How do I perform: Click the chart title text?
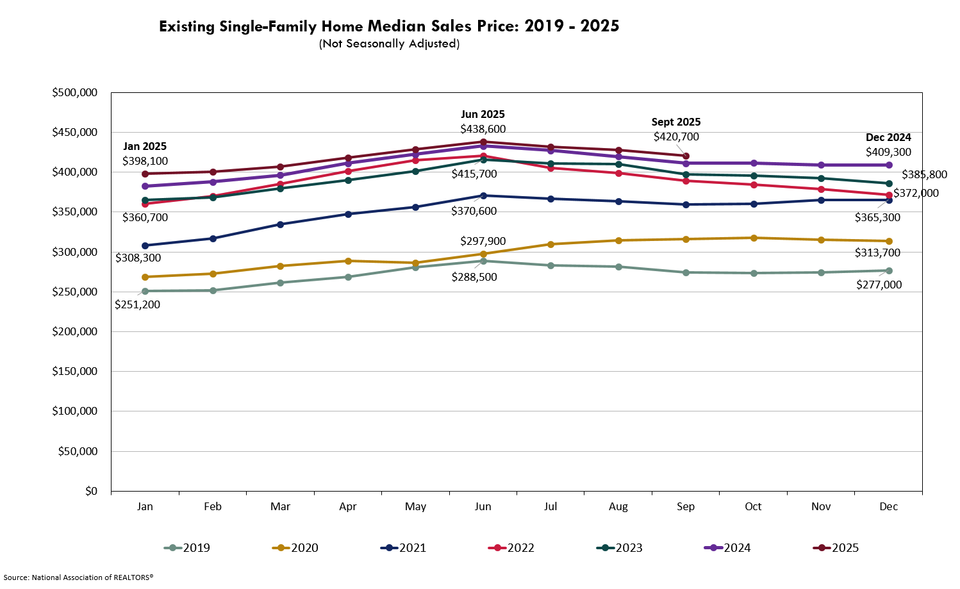(x=389, y=26)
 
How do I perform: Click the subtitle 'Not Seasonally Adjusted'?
(x=389, y=44)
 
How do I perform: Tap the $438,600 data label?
(x=483, y=129)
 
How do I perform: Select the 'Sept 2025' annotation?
(x=675, y=122)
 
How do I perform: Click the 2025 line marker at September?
(x=686, y=156)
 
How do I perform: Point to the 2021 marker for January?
(x=145, y=245)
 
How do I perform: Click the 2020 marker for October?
(x=754, y=238)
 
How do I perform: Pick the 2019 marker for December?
(x=889, y=270)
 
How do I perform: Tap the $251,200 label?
(x=137, y=304)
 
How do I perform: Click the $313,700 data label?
(x=877, y=253)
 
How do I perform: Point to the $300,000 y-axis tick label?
(x=74, y=252)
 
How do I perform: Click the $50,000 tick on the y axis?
(x=77, y=451)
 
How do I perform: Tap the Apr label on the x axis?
(x=347, y=506)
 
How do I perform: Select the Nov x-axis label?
(x=821, y=506)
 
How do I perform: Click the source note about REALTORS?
(x=78, y=577)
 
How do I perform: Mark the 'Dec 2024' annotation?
(x=888, y=137)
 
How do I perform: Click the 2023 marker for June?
(x=483, y=160)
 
